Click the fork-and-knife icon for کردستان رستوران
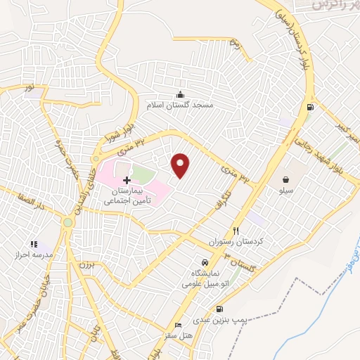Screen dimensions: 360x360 tap(236, 231)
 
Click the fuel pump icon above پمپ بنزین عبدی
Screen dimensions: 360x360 tap(221, 309)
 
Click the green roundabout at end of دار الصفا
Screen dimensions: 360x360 tap(67, 222)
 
